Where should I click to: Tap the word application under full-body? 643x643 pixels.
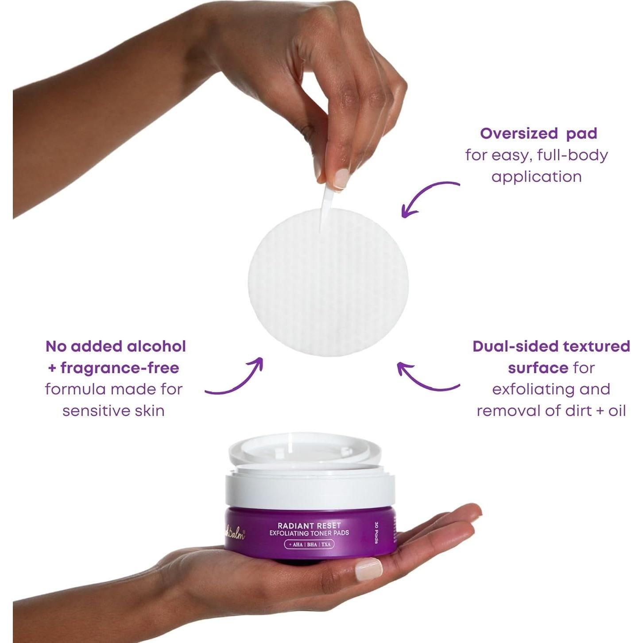[x=536, y=177]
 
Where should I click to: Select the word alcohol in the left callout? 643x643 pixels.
[x=156, y=346]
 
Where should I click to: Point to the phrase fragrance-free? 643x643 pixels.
[x=120, y=368]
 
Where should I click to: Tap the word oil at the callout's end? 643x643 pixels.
[x=617, y=411]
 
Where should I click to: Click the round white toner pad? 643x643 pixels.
[x=328, y=283]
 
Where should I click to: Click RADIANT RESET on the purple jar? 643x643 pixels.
[x=309, y=526]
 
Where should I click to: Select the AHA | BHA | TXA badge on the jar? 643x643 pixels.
[x=309, y=544]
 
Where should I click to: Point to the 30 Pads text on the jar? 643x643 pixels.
[x=377, y=532]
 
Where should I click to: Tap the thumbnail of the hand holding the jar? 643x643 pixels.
[x=368, y=568]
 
